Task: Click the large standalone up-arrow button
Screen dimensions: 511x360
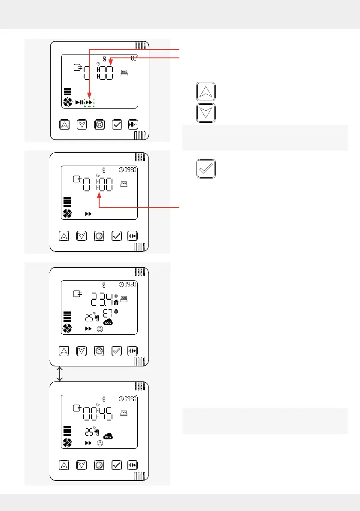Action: click(206, 92)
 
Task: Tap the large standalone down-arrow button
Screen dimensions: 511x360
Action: click(206, 113)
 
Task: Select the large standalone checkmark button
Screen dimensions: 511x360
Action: click(206, 169)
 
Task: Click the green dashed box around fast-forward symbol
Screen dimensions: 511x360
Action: click(89, 103)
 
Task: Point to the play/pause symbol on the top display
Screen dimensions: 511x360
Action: click(79, 103)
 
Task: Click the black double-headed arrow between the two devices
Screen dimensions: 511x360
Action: click(60, 373)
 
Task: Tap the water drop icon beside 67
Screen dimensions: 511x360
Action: click(116, 311)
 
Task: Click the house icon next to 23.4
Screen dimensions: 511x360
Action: click(116, 302)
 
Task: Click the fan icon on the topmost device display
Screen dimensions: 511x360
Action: click(67, 103)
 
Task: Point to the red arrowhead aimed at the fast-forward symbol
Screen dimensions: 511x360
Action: click(89, 97)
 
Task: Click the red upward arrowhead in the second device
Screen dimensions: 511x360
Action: click(99, 196)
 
